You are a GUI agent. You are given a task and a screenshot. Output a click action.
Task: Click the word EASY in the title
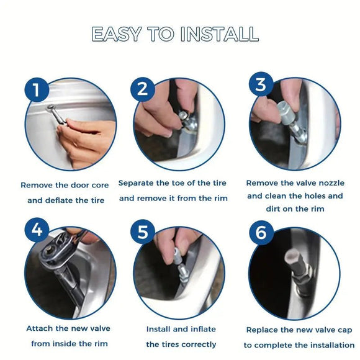[116, 34]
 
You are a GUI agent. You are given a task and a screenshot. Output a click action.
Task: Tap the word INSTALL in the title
[220, 34]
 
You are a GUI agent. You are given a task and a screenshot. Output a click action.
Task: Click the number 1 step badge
[37, 89]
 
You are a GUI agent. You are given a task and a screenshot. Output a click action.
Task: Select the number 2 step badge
[142, 89]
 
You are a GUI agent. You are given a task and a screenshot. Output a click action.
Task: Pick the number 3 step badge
[261, 84]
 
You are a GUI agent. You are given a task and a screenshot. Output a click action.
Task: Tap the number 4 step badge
[37, 230]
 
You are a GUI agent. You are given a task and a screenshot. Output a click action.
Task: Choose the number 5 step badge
[142, 232]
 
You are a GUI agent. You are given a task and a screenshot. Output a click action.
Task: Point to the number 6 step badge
[261, 232]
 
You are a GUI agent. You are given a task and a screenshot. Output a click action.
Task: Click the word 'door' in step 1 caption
[80, 185]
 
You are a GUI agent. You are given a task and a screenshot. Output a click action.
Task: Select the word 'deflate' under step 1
[59, 200]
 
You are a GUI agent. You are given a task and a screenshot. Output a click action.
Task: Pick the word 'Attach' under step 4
[40, 328]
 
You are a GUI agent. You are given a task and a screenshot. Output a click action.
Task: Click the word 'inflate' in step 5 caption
[202, 329]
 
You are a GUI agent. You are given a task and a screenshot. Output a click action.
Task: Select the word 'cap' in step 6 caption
[345, 330]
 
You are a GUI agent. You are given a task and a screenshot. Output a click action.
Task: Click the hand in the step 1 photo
[88, 142]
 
